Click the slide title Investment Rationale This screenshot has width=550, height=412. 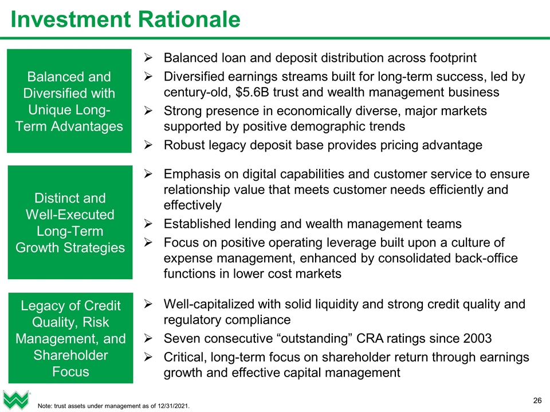(125, 20)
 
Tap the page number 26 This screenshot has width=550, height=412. (537, 399)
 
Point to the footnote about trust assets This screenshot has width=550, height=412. (113, 406)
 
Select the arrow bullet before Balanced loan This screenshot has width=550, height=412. (148, 58)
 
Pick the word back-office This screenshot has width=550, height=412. (487, 258)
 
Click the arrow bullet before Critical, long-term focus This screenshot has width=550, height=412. (148, 358)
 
